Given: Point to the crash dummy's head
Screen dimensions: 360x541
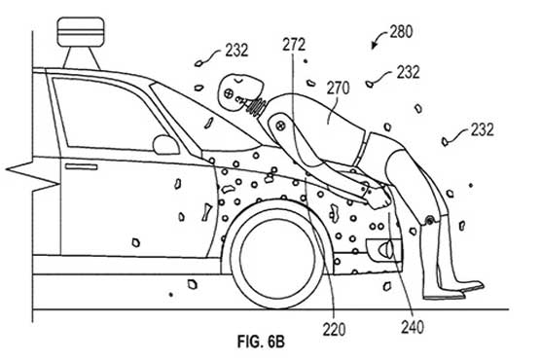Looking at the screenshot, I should pyautogui.click(x=235, y=93).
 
